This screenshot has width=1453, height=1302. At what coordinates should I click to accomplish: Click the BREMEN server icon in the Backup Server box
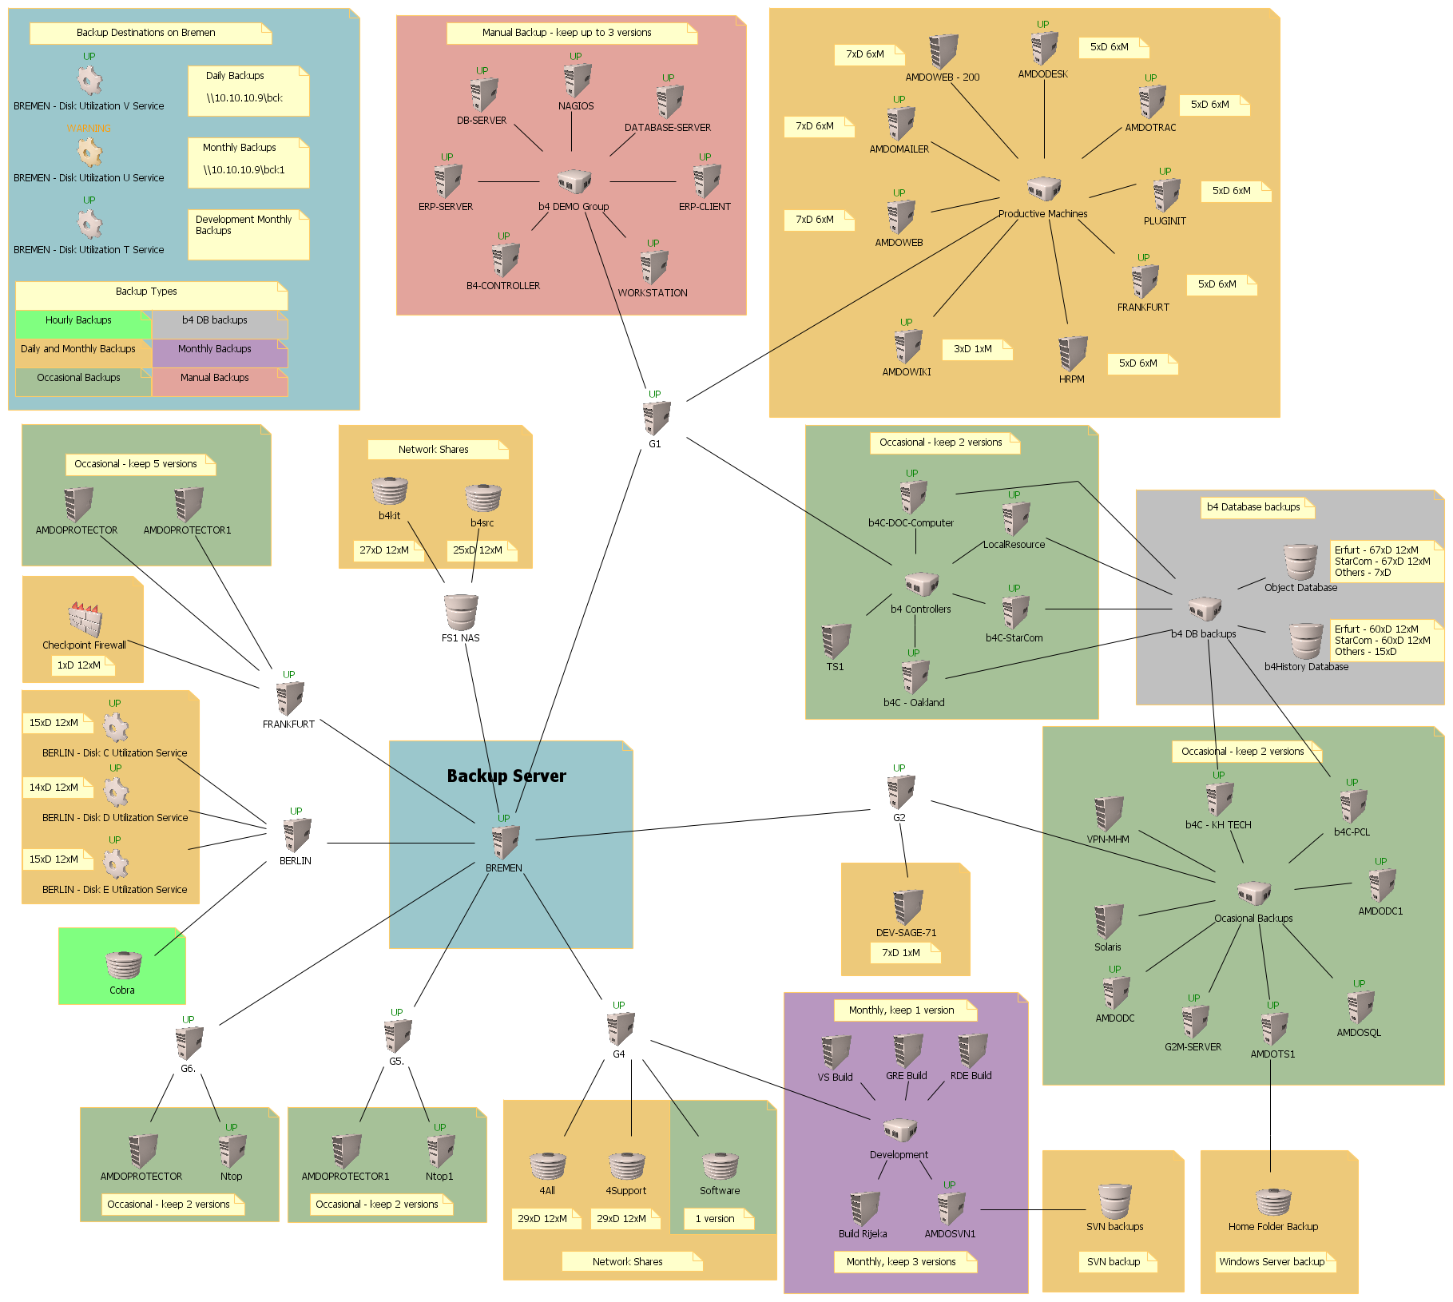tap(505, 842)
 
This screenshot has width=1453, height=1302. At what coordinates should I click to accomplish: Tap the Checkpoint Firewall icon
tap(85, 619)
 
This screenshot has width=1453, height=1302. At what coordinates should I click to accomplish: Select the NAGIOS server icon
tap(576, 81)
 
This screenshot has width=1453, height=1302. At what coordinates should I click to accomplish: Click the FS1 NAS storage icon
tap(461, 613)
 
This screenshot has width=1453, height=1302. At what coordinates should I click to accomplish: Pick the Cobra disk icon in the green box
tap(123, 965)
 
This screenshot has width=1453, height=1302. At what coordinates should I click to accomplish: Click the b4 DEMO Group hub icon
tap(574, 182)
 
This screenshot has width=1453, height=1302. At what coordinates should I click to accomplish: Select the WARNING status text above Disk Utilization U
tap(89, 128)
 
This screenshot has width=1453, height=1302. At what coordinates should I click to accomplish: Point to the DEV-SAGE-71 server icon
tap(907, 907)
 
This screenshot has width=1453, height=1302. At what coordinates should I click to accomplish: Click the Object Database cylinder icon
tap(1300, 562)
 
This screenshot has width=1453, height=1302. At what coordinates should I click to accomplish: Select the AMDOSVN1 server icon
tap(951, 1209)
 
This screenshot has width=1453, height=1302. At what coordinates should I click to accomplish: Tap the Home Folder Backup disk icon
tap(1273, 1201)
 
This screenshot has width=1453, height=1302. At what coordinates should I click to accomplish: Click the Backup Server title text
tap(506, 776)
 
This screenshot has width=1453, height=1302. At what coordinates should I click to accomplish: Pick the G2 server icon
tap(900, 792)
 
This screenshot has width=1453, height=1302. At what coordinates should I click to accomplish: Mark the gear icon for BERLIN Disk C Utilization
tap(116, 727)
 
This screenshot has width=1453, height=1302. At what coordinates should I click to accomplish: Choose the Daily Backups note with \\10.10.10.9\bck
tap(248, 91)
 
